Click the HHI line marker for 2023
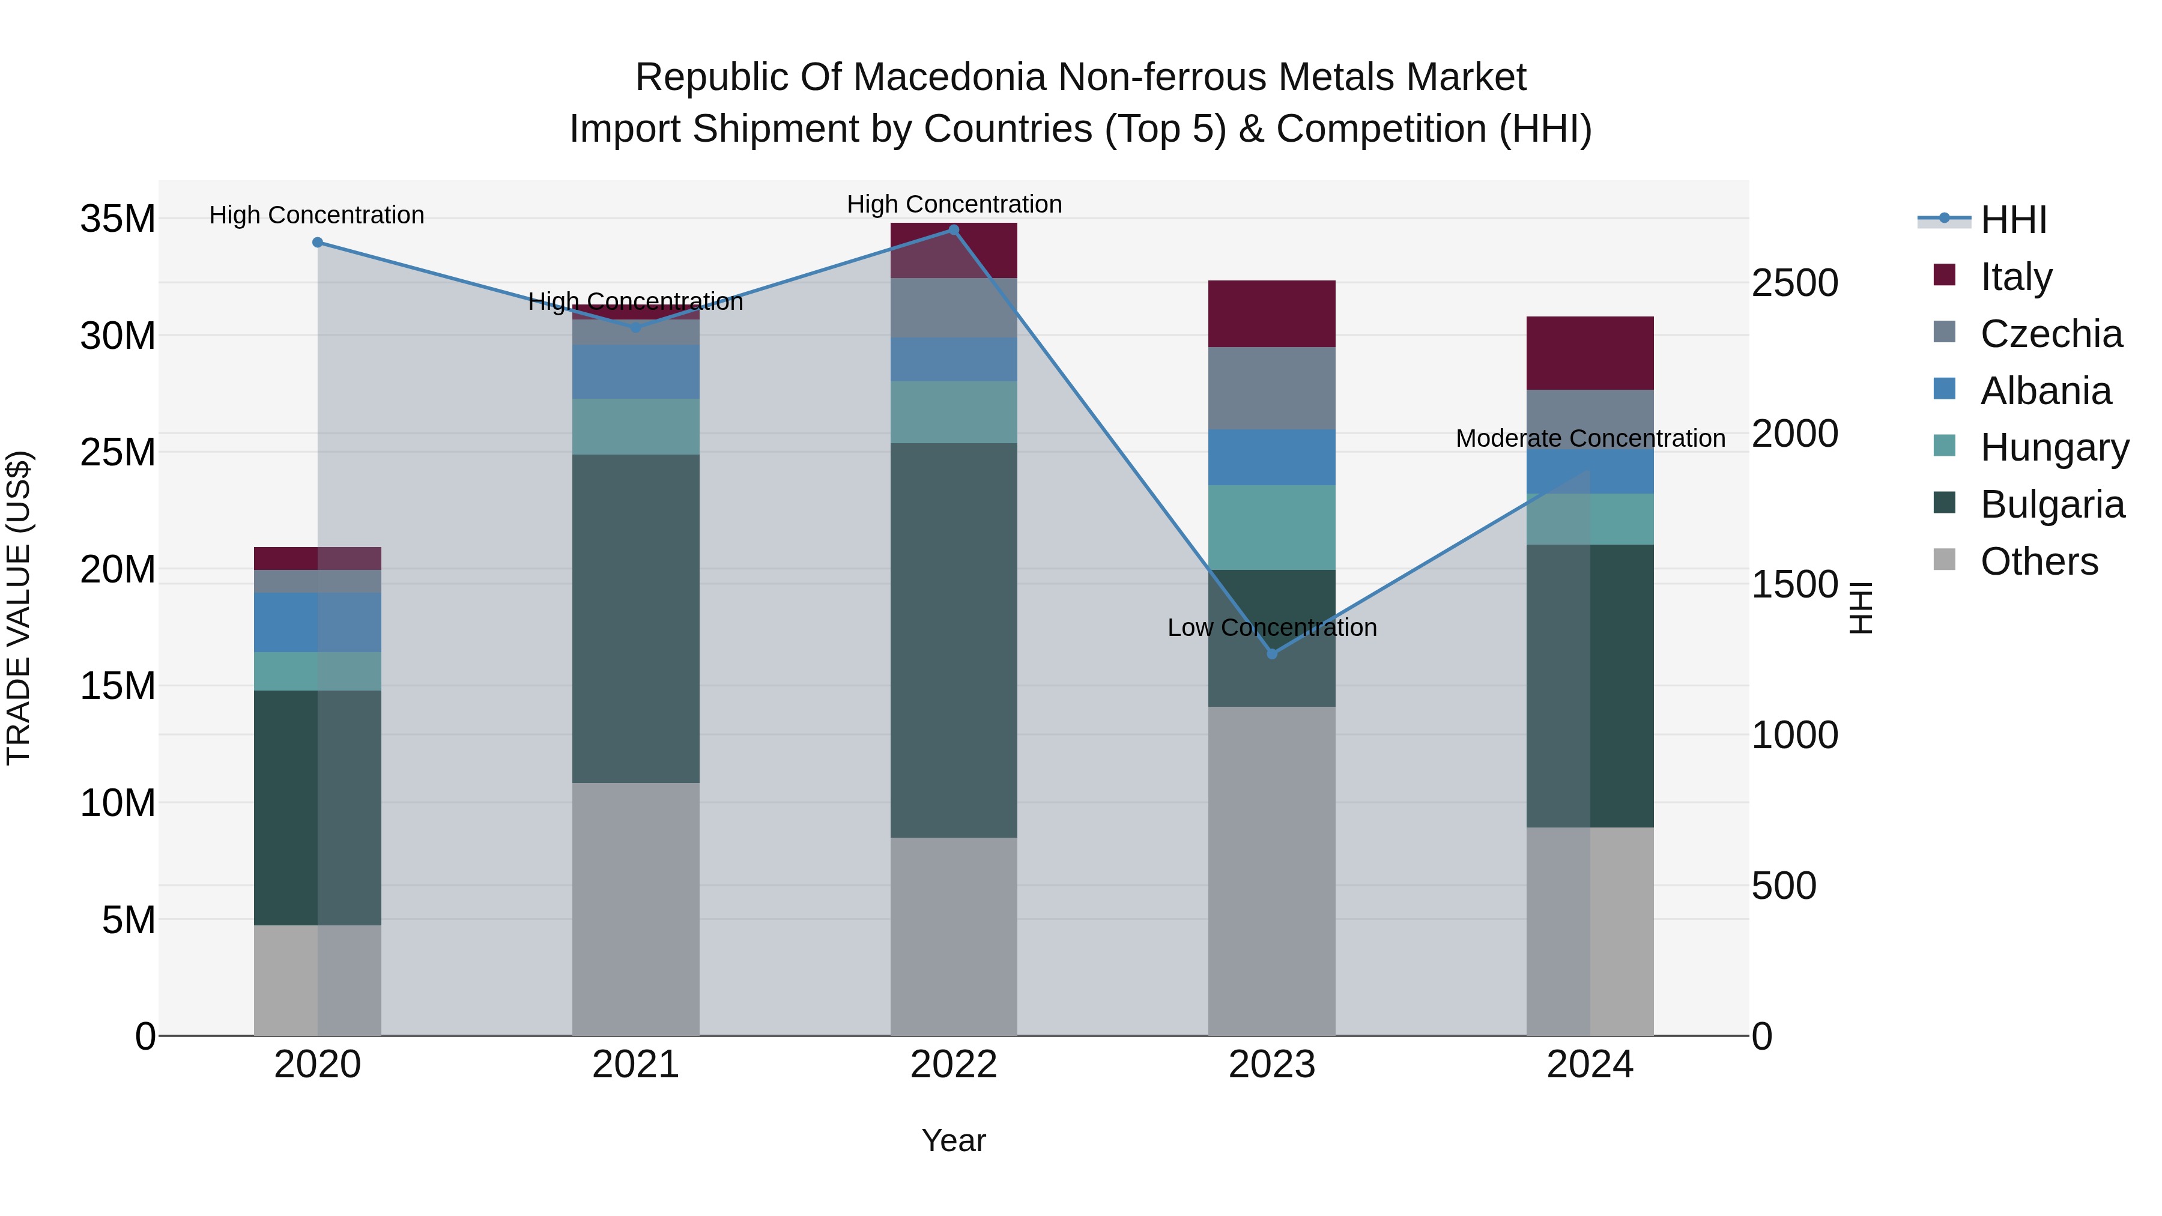tap(1271, 654)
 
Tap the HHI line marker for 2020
tap(317, 243)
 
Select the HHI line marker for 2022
tap(954, 229)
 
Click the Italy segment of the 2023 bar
tap(1271, 314)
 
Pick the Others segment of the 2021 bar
tap(635, 909)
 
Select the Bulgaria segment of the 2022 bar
tap(954, 640)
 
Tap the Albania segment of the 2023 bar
tap(1271, 458)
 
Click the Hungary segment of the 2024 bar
tap(1590, 519)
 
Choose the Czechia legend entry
tap(2050, 334)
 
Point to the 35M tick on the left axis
tap(118, 219)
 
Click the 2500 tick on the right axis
tap(1794, 283)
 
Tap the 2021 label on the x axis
tap(635, 1065)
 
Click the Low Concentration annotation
tap(1271, 628)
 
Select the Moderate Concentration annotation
tap(1590, 439)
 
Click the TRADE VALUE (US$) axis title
tap(19, 608)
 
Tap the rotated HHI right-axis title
tap(1860, 608)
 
